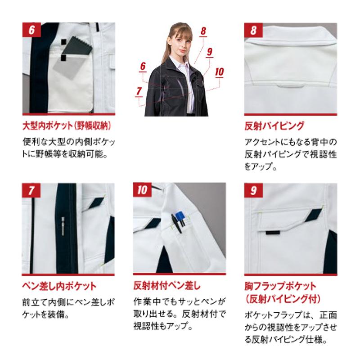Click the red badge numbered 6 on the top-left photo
click(31, 31)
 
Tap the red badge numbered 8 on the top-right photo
click(253, 31)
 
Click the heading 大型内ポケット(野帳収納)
click(67, 125)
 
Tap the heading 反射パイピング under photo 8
click(274, 125)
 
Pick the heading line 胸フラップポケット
click(280, 286)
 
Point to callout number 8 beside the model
click(203, 31)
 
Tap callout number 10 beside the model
click(220, 71)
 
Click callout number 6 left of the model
click(143, 67)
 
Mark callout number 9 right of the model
click(209, 51)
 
